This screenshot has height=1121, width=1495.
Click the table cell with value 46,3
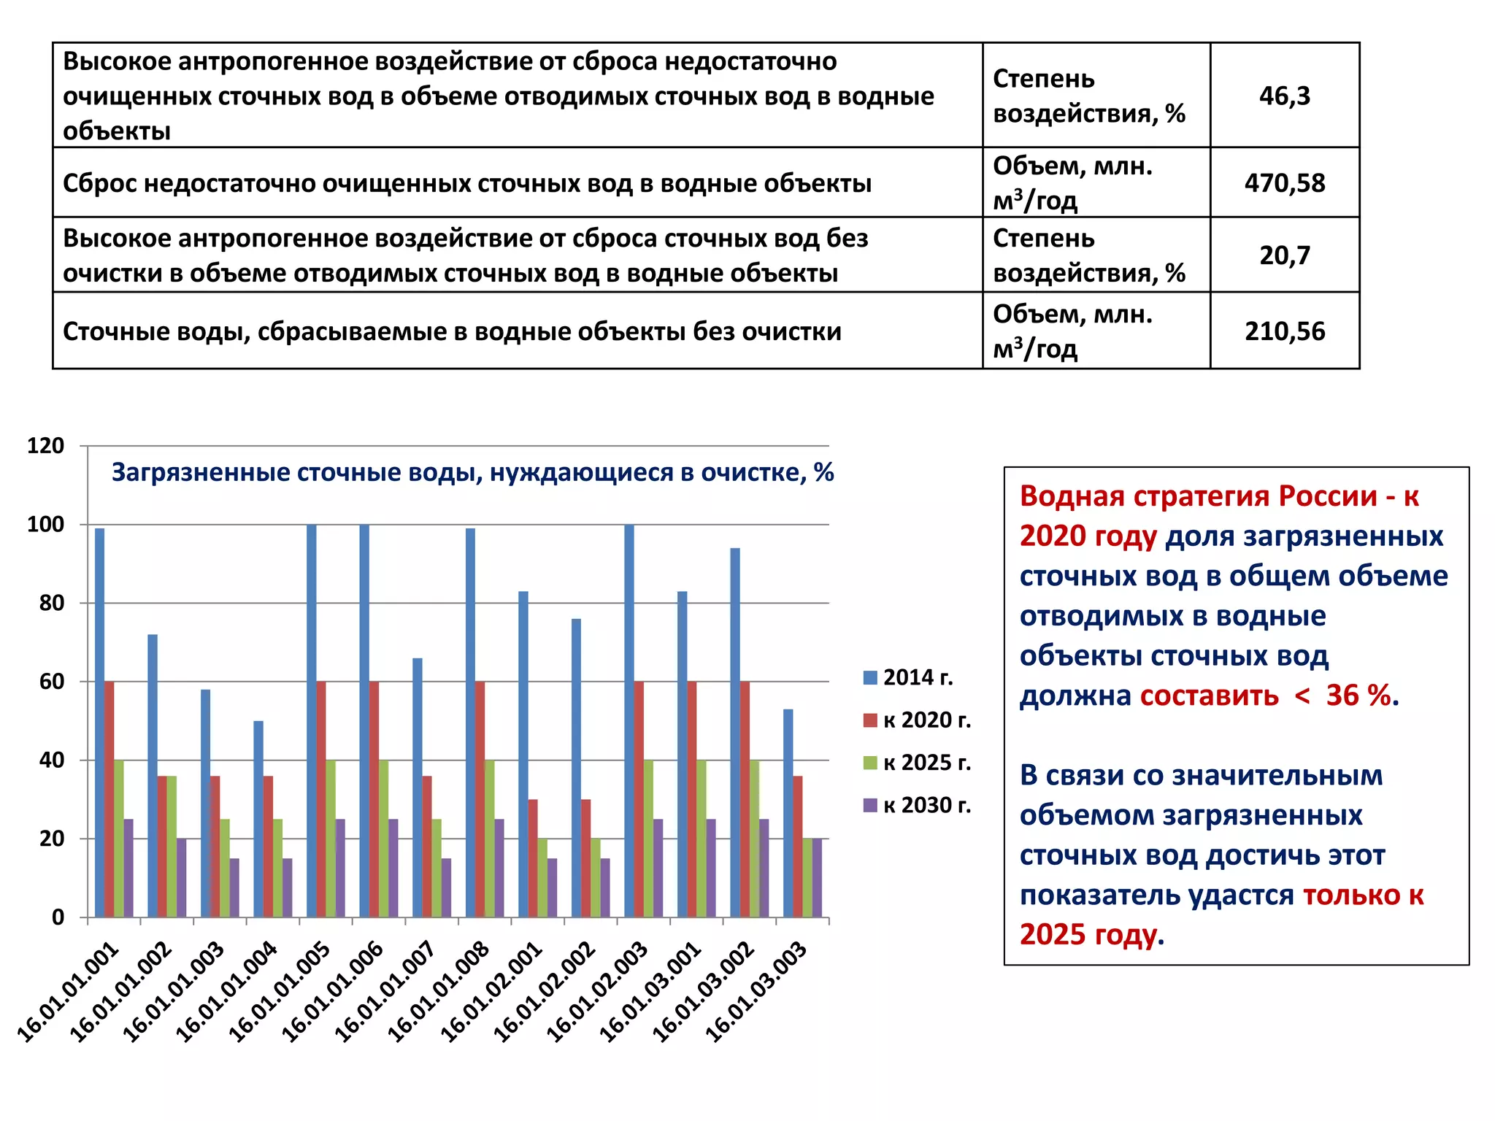(x=1284, y=96)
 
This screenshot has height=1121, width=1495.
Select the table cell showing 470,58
(x=1284, y=182)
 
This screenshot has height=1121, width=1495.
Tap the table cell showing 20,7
(x=1284, y=255)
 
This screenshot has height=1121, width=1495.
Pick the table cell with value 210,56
(x=1284, y=331)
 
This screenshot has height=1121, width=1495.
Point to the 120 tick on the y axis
(x=45, y=445)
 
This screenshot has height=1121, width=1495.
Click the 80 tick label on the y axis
(x=51, y=603)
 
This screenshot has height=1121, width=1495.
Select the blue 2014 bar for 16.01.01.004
(x=258, y=819)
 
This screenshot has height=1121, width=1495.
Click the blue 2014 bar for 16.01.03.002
(x=735, y=732)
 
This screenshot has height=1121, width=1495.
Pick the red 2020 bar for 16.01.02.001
(x=533, y=858)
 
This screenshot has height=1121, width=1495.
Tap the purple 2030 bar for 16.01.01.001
(x=128, y=868)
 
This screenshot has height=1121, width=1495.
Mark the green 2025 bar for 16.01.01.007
(x=437, y=868)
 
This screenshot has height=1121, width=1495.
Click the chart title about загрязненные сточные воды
(x=472, y=472)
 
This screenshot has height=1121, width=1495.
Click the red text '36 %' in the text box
(x=1358, y=696)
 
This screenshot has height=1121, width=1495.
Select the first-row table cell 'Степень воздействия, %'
(x=1089, y=96)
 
